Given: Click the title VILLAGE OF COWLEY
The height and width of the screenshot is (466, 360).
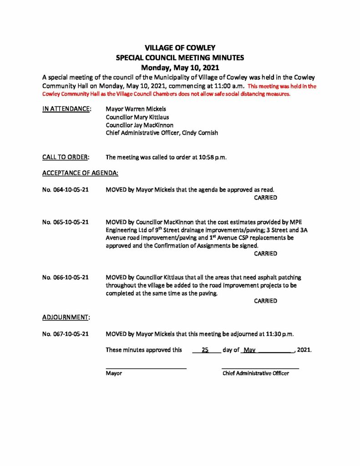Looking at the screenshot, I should (180, 48).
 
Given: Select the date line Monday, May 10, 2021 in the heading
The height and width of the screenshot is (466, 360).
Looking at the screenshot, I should (180, 68).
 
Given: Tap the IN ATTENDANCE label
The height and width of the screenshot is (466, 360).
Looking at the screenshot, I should (66, 110).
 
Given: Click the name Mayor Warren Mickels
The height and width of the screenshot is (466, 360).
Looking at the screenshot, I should (135, 110).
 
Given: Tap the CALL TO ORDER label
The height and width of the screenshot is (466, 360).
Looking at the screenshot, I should (66, 157).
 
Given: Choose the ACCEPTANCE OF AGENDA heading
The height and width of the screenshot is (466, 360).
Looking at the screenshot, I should (80, 173).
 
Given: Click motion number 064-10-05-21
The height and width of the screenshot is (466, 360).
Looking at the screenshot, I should (65, 189).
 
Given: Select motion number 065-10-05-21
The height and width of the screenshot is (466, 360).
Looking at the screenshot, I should (65, 222).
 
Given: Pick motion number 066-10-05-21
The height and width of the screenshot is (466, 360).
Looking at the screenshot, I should (65, 277).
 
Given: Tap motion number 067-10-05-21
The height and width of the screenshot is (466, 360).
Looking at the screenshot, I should (65, 334).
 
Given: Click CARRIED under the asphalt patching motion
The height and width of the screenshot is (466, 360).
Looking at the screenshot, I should (265, 301).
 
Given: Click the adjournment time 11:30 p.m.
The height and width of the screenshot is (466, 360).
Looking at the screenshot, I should (277, 334).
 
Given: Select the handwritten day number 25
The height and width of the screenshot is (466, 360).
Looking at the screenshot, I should (205, 350).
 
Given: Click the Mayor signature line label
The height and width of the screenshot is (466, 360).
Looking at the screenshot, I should (114, 373).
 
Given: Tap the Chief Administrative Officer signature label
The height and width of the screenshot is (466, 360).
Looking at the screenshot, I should (255, 373).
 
